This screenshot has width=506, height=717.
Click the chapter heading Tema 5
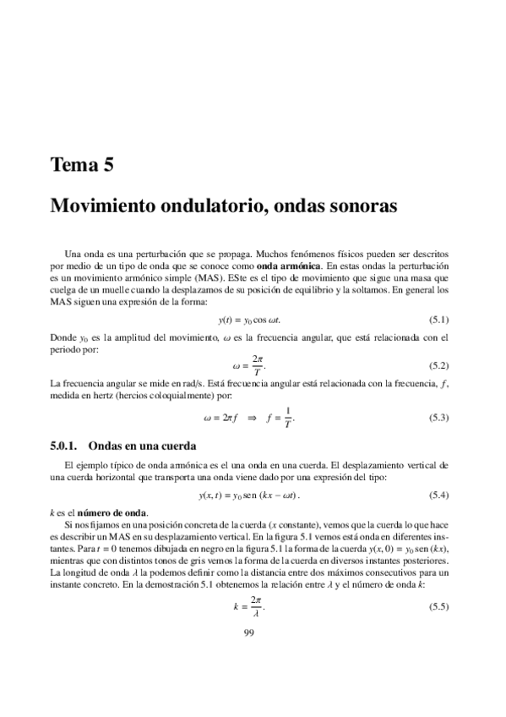82,165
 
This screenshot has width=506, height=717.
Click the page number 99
249,633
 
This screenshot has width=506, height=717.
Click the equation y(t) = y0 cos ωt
249,320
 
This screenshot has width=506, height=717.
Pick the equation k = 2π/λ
249,607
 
